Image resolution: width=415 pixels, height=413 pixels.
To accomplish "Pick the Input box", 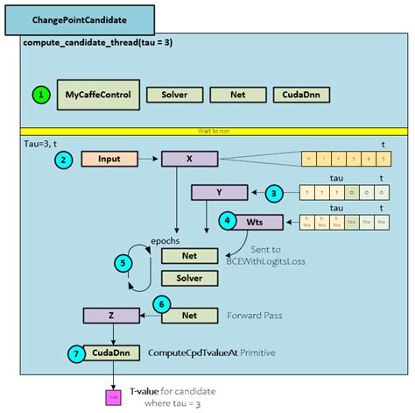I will pyautogui.click(x=109, y=160).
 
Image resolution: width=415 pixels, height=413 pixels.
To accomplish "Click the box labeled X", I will pyautogui.click(x=190, y=160).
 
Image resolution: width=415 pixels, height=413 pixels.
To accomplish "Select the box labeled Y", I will pyautogui.click(x=221, y=192).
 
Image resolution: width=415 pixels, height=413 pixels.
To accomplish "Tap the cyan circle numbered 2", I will pyautogui.click(x=63, y=160).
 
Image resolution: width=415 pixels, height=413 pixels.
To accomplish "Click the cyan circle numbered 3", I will pyautogui.click(x=274, y=192).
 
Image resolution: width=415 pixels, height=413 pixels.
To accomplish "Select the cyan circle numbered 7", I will pyautogui.click(x=76, y=352).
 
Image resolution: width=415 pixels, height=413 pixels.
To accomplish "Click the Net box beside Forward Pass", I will pyautogui.click(x=190, y=315).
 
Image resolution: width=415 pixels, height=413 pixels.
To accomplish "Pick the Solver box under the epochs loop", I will pyautogui.click(x=190, y=279).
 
